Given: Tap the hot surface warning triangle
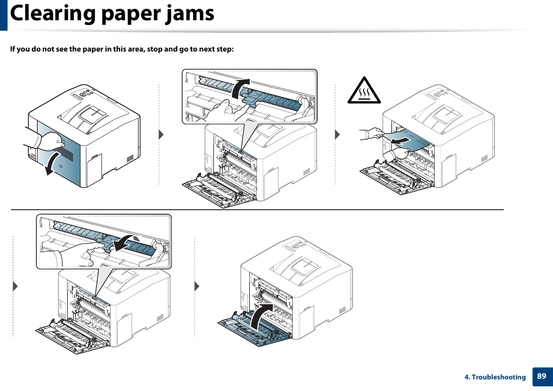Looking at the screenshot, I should point(363,91).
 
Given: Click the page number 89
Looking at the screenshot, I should point(541,377).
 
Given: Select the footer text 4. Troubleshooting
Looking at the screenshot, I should point(494,377).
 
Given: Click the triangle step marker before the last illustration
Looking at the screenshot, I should point(197,286).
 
